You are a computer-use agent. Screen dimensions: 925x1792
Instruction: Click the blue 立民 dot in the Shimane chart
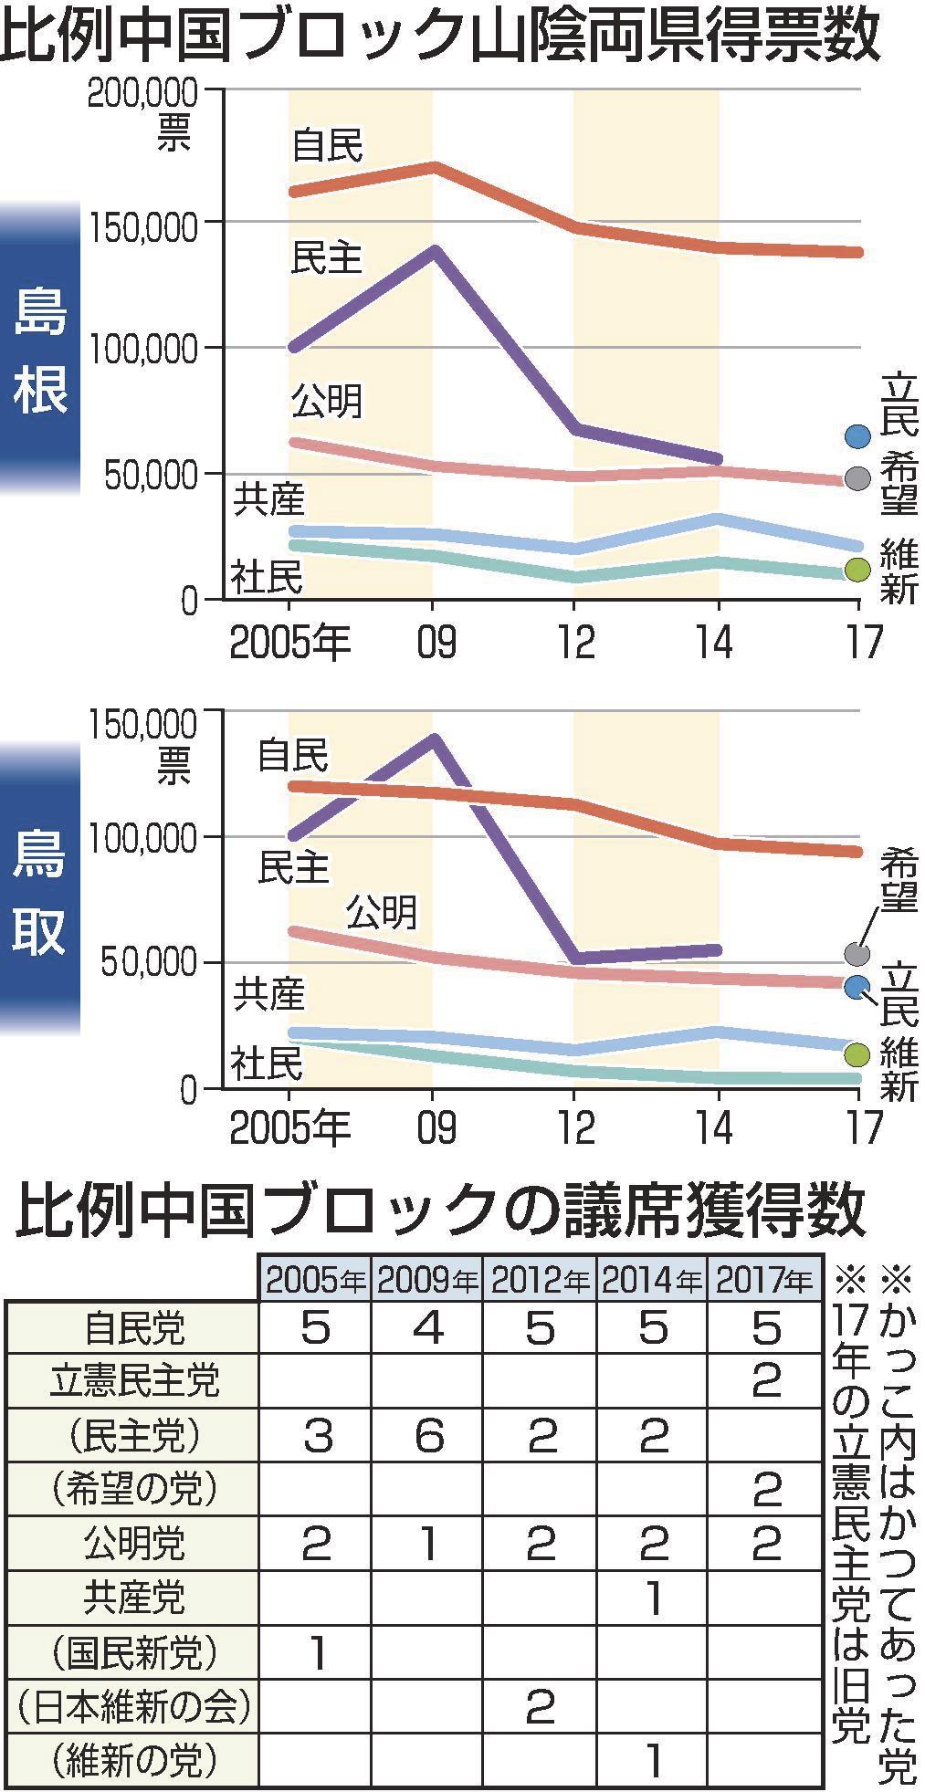click(857, 437)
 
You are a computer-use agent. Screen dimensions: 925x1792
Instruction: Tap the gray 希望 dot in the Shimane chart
click(857, 477)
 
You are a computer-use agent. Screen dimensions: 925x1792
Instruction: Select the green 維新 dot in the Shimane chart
click(857, 570)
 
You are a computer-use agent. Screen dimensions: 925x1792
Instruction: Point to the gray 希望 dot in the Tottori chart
click(857, 954)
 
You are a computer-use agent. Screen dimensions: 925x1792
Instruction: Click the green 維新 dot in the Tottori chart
click(857, 1055)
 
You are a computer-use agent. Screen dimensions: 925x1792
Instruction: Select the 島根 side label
click(40, 349)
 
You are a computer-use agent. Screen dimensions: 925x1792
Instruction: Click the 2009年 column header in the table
click(427, 1280)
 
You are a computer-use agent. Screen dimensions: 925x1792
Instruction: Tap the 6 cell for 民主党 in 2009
click(427, 1436)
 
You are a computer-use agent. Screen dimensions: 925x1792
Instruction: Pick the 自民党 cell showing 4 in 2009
click(427, 1327)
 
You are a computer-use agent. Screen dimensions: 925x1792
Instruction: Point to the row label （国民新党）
click(133, 1651)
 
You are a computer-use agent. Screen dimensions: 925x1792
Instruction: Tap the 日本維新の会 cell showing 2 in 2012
click(541, 1705)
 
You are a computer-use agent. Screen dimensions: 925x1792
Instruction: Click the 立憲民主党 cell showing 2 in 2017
click(765, 1381)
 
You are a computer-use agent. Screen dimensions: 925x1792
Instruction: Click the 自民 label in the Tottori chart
click(292, 757)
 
